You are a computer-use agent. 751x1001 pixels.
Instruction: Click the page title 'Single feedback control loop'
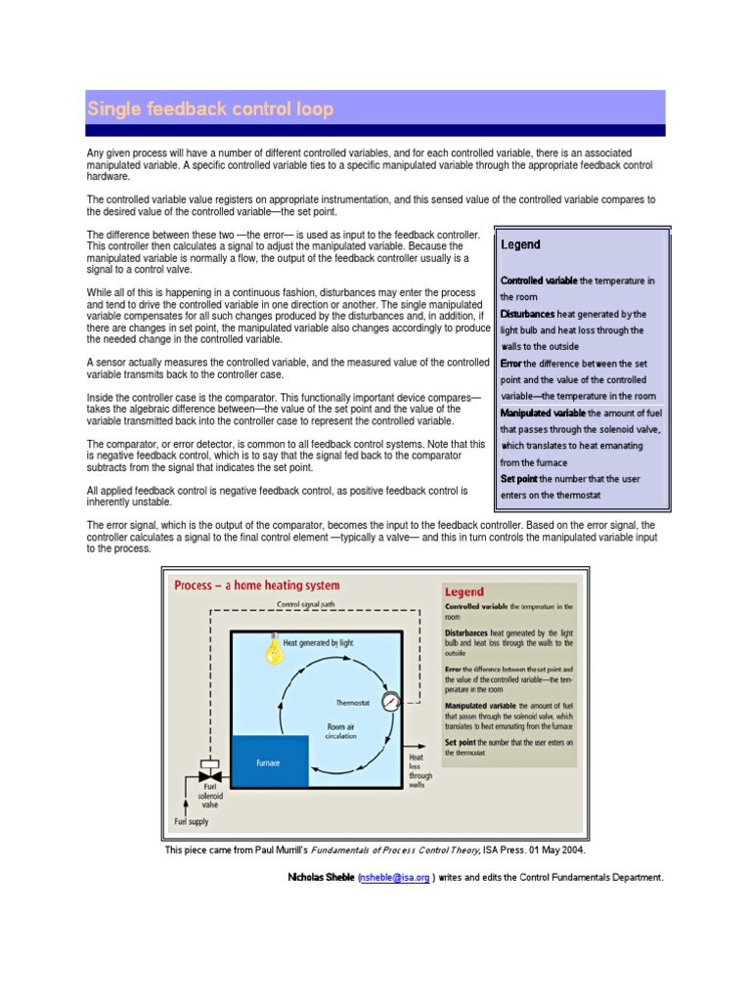(210, 109)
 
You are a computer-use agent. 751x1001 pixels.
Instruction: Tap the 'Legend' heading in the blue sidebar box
(520, 244)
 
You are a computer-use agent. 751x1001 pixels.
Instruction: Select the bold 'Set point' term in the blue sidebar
(519, 479)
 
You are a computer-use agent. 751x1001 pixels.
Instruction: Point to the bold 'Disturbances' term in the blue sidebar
(527, 314)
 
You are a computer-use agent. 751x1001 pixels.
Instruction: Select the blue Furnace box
(269, 762)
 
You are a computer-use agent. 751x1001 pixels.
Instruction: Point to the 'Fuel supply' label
(192, 822)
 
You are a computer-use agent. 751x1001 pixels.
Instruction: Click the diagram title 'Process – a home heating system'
(257, 586)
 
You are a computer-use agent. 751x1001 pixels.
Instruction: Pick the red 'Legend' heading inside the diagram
(464, 591)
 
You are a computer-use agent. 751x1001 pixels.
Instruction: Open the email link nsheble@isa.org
(394, 877)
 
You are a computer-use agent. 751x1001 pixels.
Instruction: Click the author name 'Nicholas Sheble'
(321, 877)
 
